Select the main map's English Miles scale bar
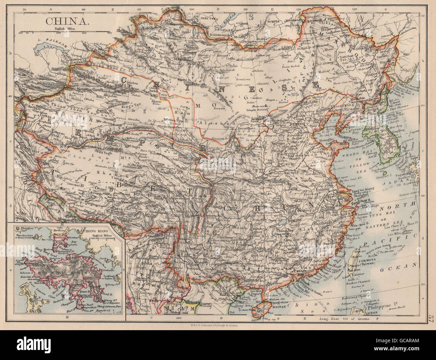(x=66, y=32)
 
